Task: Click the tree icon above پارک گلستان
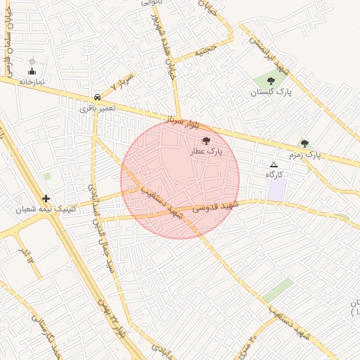tap(271, 82)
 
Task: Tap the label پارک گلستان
tap(271, 92)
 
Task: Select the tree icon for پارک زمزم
tap(304, 143)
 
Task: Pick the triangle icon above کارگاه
tap(274, 164)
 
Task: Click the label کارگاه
tap(274, 174)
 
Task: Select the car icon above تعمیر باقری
tap(96, 97)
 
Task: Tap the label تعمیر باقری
tap(96, 108)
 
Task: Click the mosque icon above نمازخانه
tap(32, 71)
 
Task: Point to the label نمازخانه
tap(32, 82)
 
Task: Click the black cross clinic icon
tap(46, 199)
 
